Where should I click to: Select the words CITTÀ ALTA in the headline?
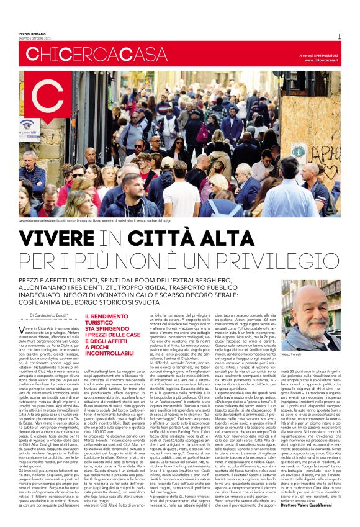point(198,238)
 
